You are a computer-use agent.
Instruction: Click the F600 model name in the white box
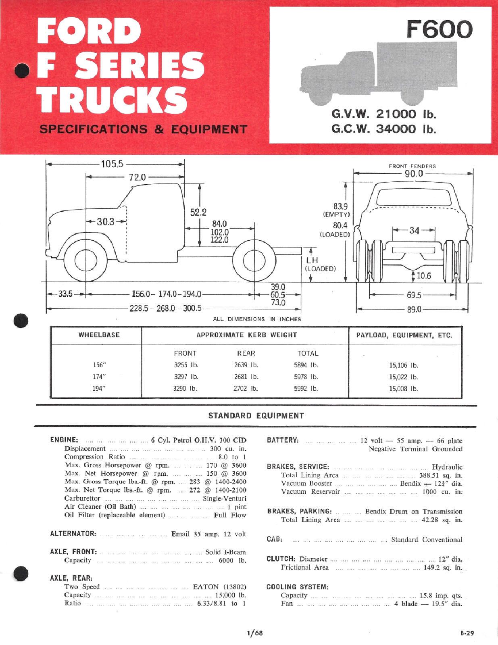pos(439,29)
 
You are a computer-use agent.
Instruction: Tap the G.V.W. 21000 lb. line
pos(383,114)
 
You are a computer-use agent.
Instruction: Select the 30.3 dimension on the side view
pos(106,222)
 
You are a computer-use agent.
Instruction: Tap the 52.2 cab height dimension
pos(198,212)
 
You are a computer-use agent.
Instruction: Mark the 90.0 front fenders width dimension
pos(413,173)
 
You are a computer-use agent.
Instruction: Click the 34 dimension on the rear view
pos(414,230)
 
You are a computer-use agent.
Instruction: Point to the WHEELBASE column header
pos(99,335)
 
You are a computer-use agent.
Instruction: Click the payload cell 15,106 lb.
pos(403,366)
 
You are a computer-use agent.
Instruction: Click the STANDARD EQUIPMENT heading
pos(256,416)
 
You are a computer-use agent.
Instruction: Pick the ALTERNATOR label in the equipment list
pos(73,534)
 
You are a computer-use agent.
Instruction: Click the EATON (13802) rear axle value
pos(219,587)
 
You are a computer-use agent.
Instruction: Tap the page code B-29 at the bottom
pos(467,633)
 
